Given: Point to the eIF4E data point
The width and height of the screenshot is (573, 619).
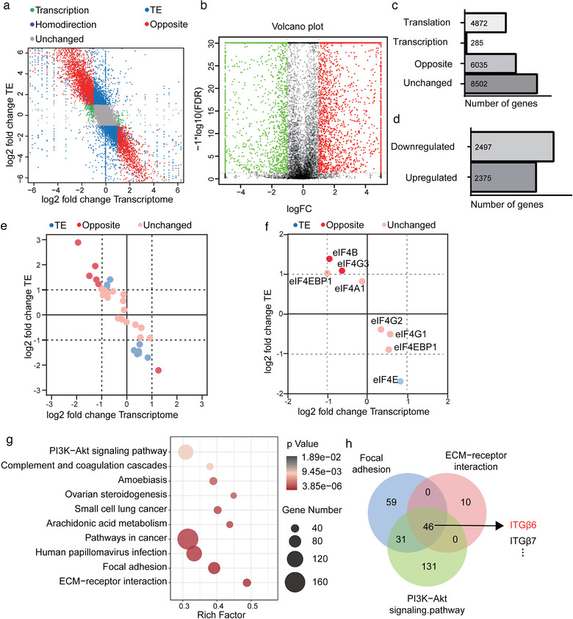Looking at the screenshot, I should (x=400, y=381).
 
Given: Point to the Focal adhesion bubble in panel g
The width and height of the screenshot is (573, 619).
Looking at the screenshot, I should (x=214, y=568).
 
